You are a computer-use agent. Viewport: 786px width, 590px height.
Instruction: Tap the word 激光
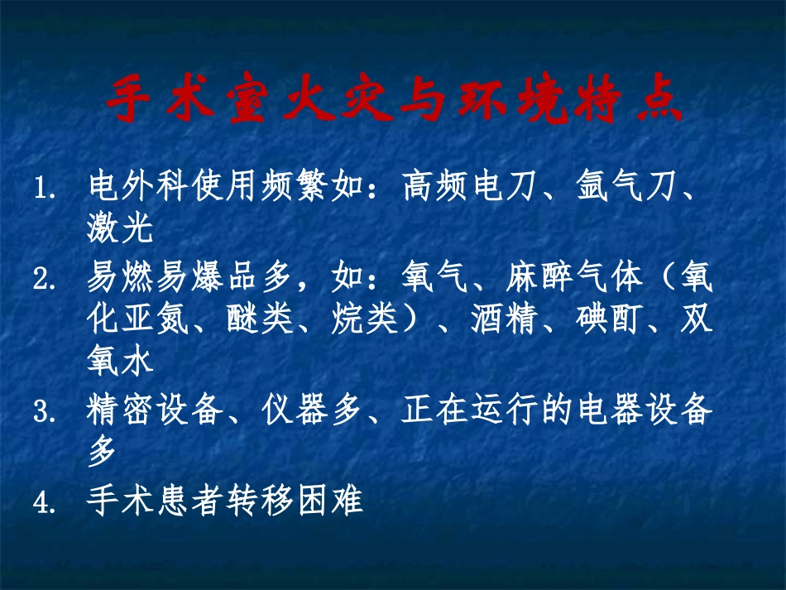121,229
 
